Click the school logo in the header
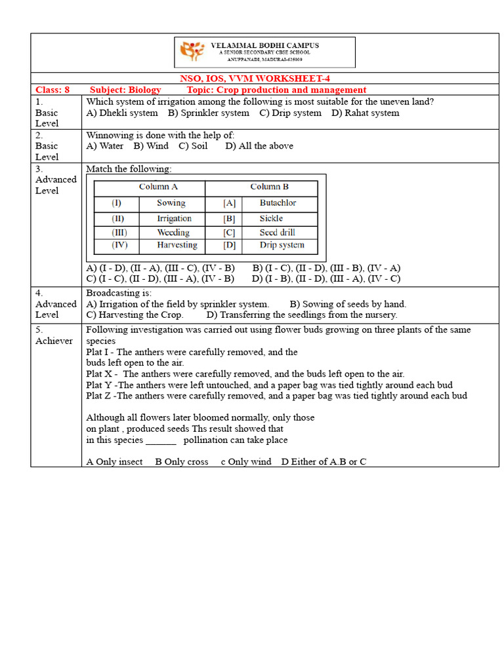pyautogui.click(x=192, y=52)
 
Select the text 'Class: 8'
pyautogui.click(x=52, y=90)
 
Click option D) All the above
pyautogui.click(x=259, y=145)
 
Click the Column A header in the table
pyautogui.click(x=158, y=187)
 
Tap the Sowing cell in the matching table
pyautogui.click(x=171, y=203)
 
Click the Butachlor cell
pyautogui.click(x=278, y=203)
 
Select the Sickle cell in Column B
pyautogui.click(x=271, y=218)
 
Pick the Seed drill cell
pyautogui.click(x=277, y=233)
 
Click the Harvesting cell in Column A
pyautogui.click(x=177, y=245)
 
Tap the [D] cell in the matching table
pyautogui.click(x=229, y=245)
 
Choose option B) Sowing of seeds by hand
pyautogui.click(x=348, y=304)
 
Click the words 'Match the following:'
pyautogui.click(x=129, y=169)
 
